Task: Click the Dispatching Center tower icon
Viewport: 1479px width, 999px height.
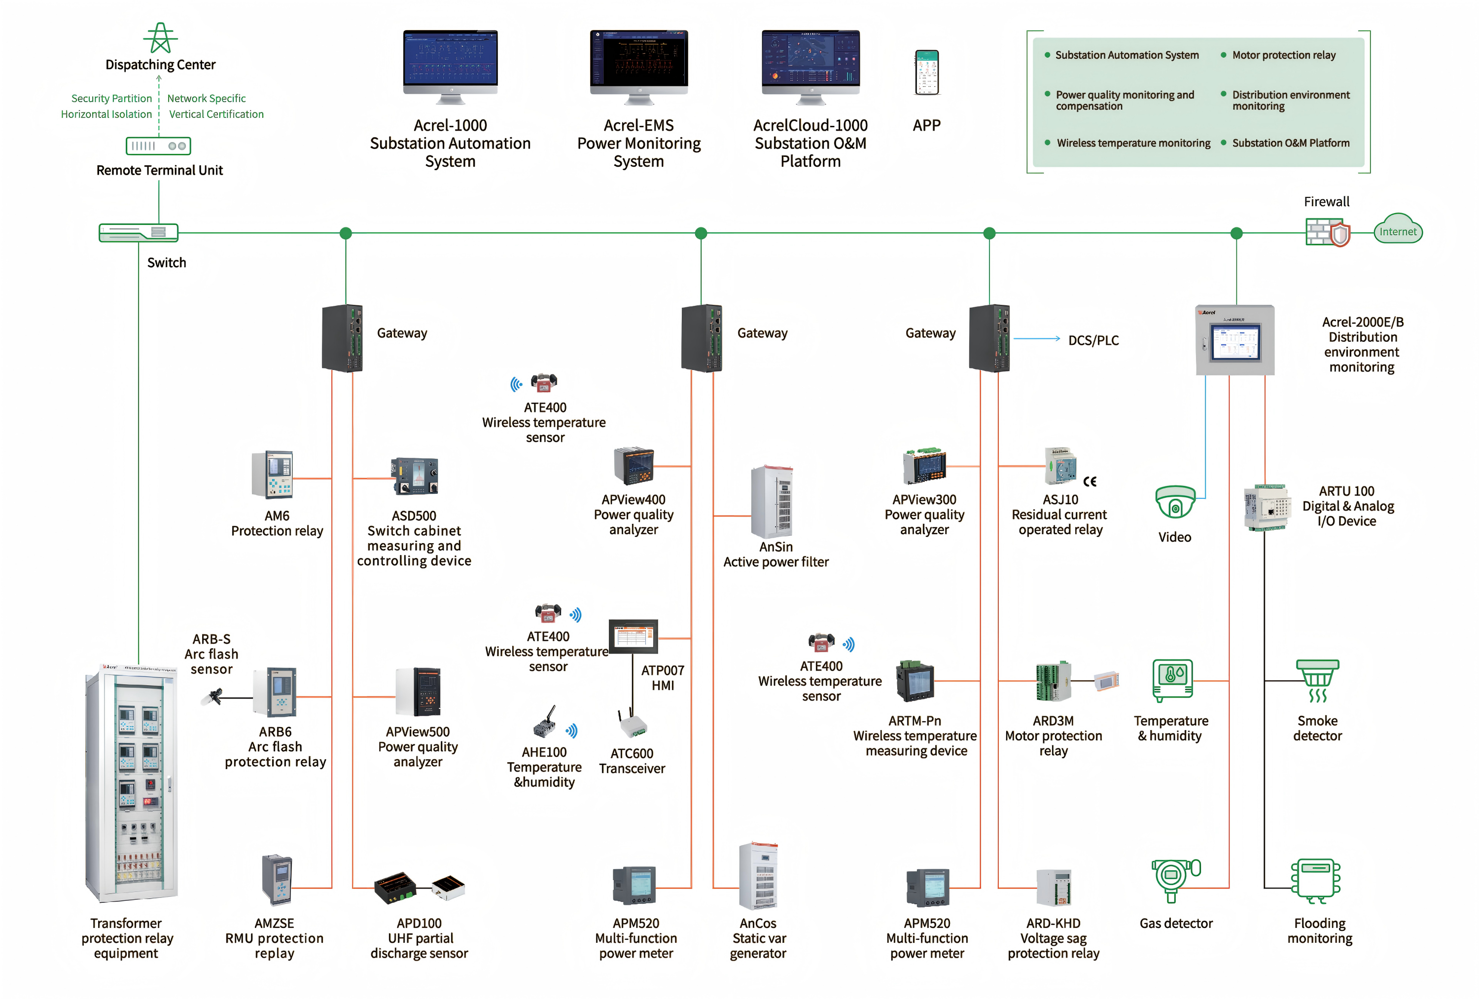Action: tap(160, 38)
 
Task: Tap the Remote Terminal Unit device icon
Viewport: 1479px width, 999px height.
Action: tap(158, 146)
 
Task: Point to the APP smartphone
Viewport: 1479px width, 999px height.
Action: tap(927, 73)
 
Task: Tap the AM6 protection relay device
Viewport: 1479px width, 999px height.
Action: tap(272, 475)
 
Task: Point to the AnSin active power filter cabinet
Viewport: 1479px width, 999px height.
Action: tap(772, 502)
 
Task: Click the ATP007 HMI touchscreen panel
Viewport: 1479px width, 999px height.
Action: tap(633, 635)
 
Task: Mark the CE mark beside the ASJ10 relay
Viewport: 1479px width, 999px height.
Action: tap(1090, 481)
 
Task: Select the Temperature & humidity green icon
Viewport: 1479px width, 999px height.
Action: tap(1172, 680)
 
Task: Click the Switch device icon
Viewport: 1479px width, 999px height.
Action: tap(139, 232)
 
